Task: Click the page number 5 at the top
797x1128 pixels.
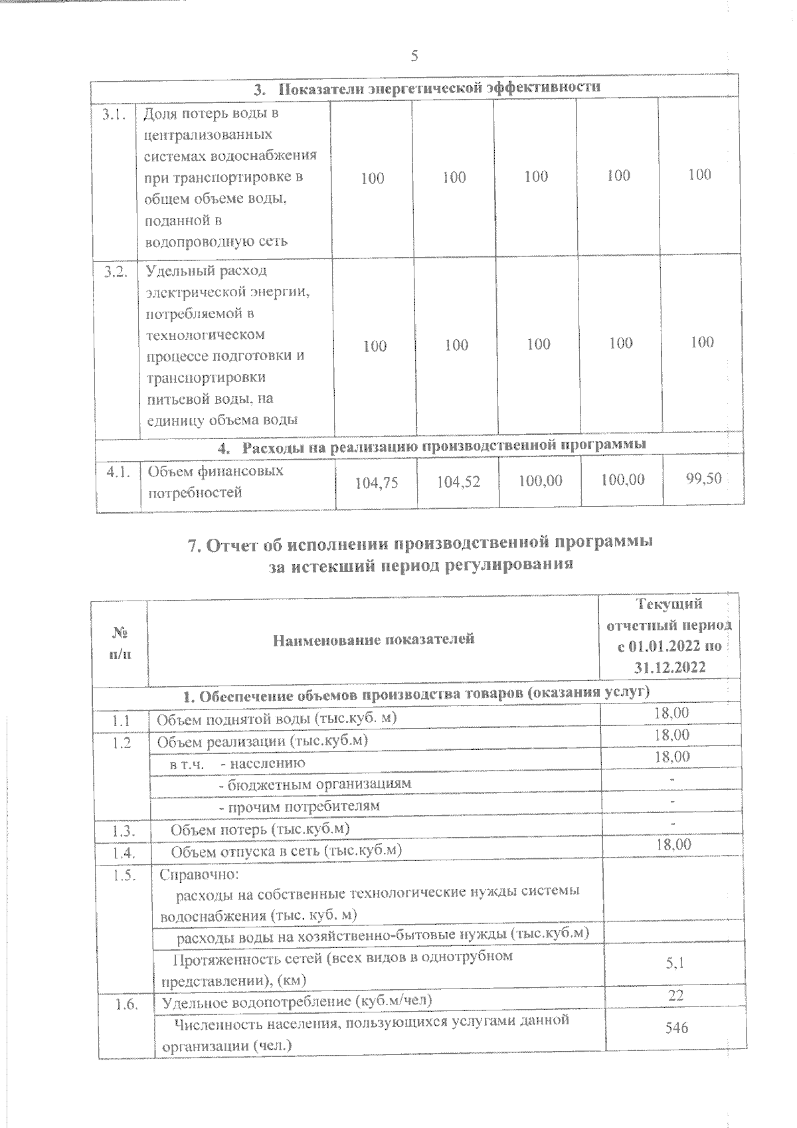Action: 414,56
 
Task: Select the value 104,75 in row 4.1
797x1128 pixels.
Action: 377,483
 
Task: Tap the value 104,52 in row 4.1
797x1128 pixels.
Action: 458,482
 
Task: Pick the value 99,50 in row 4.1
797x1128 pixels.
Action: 703,478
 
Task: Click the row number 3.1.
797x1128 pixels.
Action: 114,114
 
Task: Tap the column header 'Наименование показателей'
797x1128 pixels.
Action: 374,639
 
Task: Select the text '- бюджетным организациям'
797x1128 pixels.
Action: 315,783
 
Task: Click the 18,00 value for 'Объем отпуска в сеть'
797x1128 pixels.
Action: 673,844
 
